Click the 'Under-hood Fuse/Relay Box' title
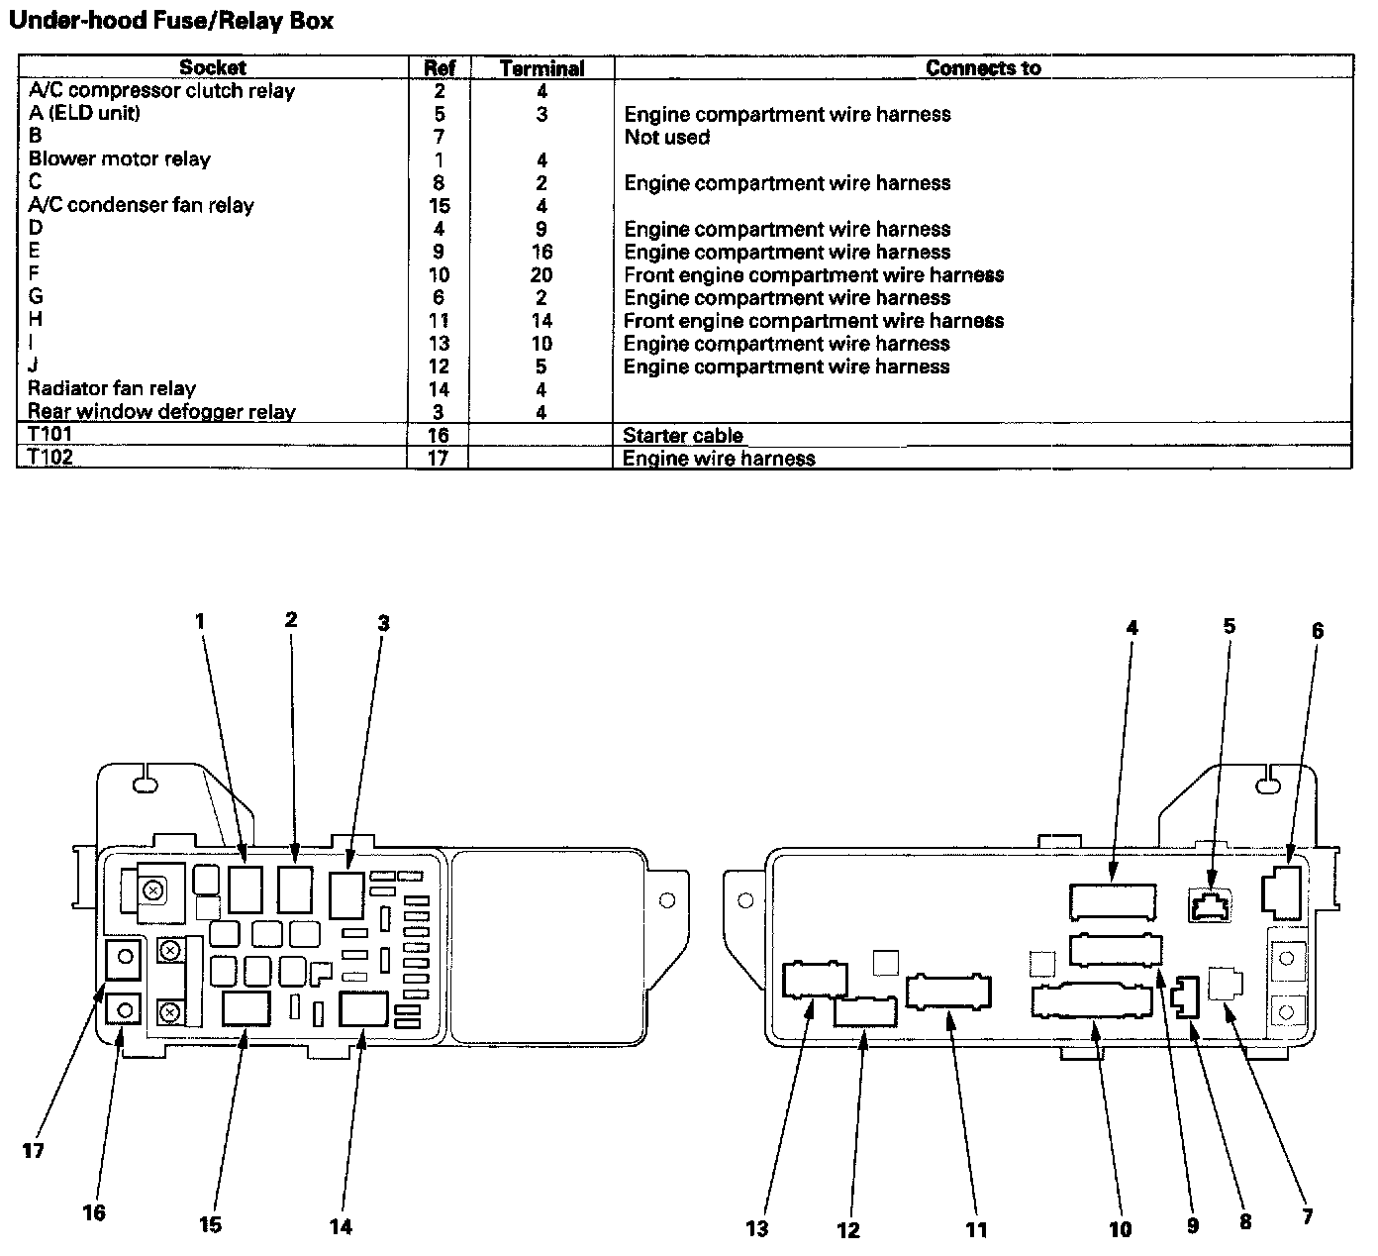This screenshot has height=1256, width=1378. point(170,20)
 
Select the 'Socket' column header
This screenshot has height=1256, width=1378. point(213,67)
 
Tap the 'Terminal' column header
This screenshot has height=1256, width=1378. point(541,68)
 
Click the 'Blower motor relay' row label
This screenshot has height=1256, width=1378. point(119,159)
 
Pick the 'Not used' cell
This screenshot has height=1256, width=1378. point(666,138)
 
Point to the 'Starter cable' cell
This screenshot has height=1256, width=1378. point(682,436)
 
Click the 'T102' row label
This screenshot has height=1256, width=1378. point(49,458)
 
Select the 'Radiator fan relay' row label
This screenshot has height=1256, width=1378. point(112,388)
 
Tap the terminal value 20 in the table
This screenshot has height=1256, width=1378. point(541,275)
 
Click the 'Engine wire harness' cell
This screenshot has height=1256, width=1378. point(719,459)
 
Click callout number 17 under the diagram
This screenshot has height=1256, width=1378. point(34,1151)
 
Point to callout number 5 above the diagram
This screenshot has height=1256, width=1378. point(1229,626)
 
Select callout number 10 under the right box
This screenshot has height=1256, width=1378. point(1120,1229)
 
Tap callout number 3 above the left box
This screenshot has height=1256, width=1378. point(383,623)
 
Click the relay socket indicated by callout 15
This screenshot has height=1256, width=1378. point(246,1009)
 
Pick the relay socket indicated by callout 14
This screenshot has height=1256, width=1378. point(362,1009)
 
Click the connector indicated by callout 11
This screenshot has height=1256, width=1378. point(948,993)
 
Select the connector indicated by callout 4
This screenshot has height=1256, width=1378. point(1113,899)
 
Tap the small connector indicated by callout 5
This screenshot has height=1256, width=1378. point(1210,905)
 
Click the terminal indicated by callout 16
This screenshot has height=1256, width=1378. point(124,1009)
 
